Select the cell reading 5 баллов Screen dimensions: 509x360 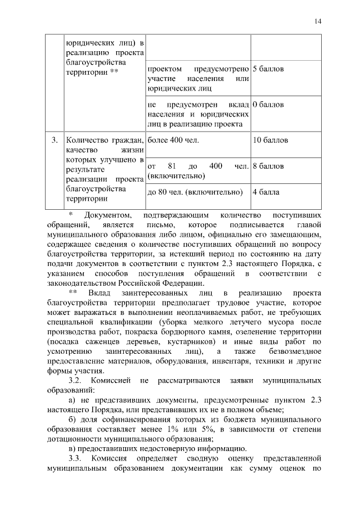point(268,69)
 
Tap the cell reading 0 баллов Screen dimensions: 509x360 point(268,105)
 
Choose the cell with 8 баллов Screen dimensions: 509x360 point(268,166)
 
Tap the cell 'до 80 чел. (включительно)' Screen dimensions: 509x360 point(195,192)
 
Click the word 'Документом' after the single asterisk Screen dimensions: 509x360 point(108,215)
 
